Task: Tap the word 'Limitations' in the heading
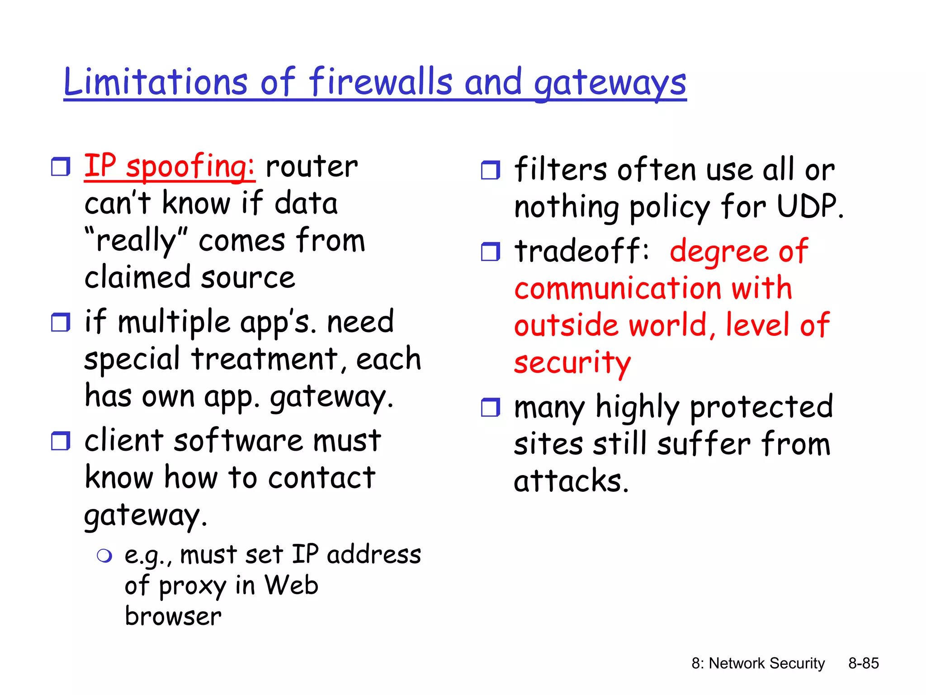(x=155, y=82)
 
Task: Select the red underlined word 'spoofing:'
(x=190, y=167)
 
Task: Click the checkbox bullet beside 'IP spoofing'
(x=61, y=167)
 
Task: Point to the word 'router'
(x=312, y=167)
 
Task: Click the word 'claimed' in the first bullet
(x=137, y=277)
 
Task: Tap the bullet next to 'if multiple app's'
(x=61, y=322)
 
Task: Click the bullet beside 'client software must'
(x=61, y=441)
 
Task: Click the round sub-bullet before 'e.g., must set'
(x=104, y=556)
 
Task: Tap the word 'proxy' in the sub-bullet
(x=192, y=586)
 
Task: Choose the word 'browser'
(x=173, y=616)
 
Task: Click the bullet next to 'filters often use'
(x=491, y=170)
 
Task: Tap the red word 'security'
(x=572, y=363)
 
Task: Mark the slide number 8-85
(x=863, y=663)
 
